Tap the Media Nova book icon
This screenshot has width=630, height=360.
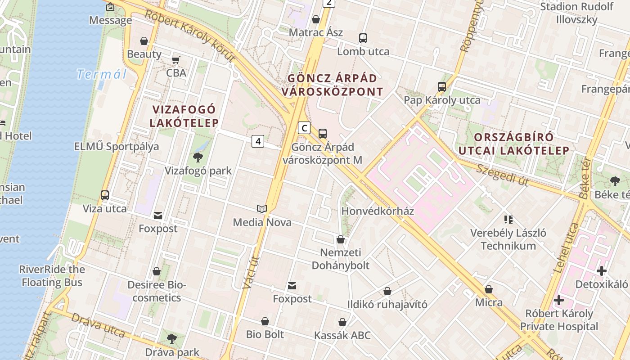pos(262,209)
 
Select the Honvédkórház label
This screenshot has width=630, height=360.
pos(378,211)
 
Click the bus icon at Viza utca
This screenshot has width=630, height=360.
pos(105,195)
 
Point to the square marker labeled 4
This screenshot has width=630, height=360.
pos(257,141)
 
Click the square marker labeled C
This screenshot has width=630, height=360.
pos(304,128)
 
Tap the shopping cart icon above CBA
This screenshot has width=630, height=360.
pos(176,60)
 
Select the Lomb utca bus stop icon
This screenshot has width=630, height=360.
pos(363,38)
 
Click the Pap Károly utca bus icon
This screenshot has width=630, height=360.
pos(442,87)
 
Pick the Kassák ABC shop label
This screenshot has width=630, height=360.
pos(342,335)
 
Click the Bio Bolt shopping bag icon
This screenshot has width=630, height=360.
pos(265,321)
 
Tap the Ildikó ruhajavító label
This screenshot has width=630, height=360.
pos(387,304)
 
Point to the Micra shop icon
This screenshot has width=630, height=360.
pos(489,289)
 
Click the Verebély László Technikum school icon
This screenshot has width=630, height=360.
pos(508,220)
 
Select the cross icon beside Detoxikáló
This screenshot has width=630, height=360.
pos(602,271)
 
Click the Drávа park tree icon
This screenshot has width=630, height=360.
pos(171,339)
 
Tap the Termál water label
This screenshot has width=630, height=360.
pos(101,74)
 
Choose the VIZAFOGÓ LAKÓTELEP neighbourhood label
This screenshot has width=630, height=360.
pos(184,116)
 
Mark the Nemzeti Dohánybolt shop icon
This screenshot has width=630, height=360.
pos(341,239)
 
